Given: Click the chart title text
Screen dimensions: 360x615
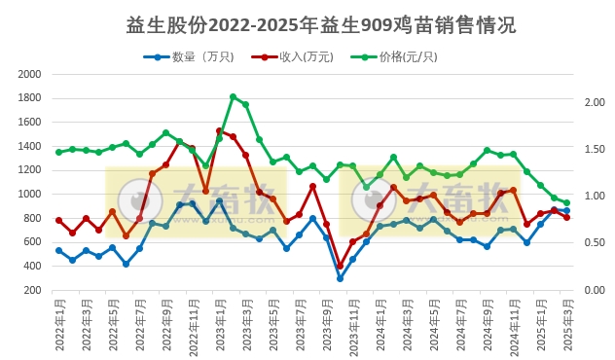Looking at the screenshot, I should tap(307, 23).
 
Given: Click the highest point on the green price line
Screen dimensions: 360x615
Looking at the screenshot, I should tap(233, 97).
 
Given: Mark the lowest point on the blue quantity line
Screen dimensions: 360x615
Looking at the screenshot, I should tap(340, 278).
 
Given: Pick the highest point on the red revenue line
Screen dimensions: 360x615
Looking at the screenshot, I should tap(220, 131).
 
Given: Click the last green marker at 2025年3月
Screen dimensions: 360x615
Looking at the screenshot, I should tap(567, 203).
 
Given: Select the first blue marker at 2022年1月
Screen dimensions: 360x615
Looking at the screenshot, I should tap(59, 251).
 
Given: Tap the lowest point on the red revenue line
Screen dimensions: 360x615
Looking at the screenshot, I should tap(340, 267).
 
